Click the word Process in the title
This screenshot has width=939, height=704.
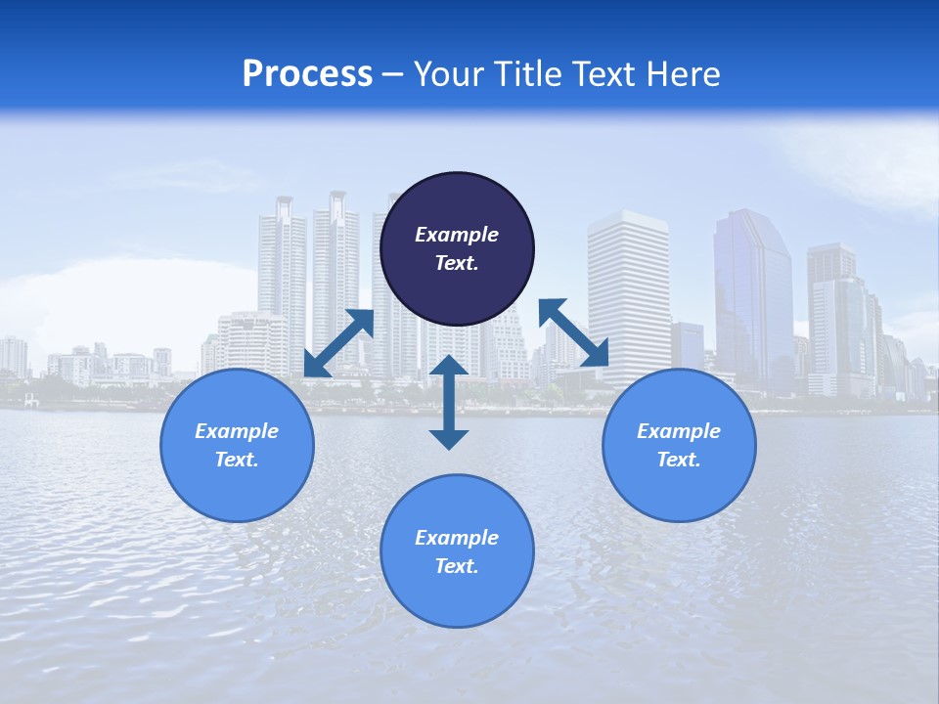coord(307,74)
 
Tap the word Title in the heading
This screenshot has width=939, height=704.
coord(529,74)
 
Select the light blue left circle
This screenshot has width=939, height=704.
coord(237,489)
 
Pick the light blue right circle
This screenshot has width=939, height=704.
coord(679,489)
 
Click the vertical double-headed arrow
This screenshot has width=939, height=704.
coord(449,402)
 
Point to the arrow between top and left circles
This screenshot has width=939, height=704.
coord(338,343)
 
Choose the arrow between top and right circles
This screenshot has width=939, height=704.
coord(573,333)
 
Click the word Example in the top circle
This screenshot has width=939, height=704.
coord(457,235)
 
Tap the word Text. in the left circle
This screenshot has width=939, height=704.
coord(237,460)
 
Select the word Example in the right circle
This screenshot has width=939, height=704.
coord(679,431)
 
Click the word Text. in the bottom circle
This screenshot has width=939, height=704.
coord(457,566)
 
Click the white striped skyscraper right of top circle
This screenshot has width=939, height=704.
coord(629,284)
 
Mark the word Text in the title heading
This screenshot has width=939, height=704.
coord(601,74)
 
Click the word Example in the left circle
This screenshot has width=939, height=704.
coord(237,431)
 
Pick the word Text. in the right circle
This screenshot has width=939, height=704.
coord(679,460)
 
